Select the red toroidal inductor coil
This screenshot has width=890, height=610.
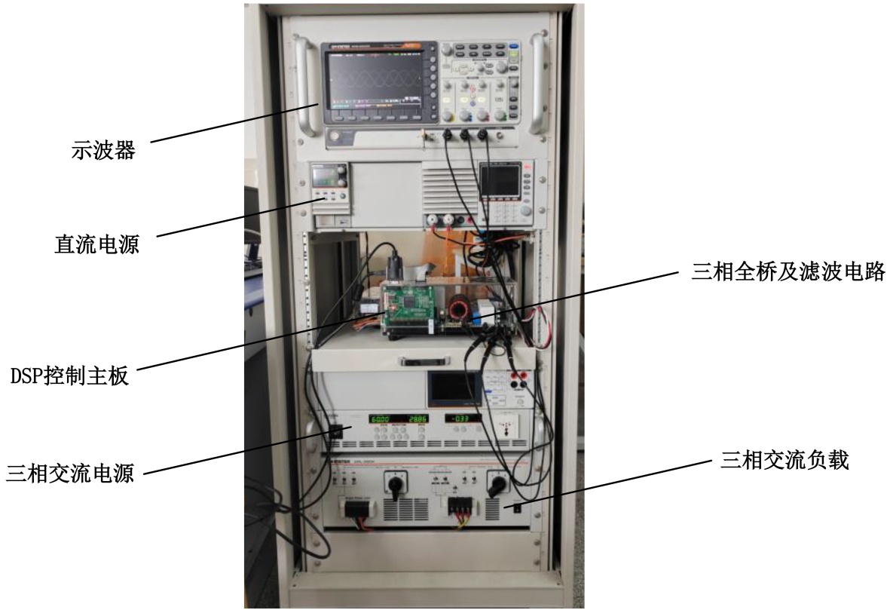click(x=459, y=310)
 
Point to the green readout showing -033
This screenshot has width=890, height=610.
click(x=461, y=418)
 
